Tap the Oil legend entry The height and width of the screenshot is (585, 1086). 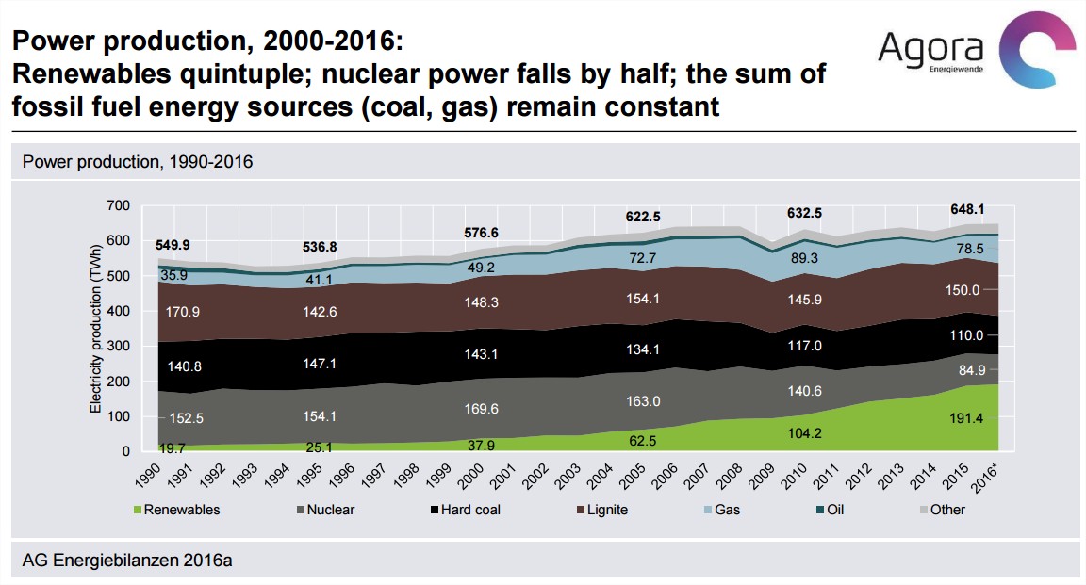pos(833,510)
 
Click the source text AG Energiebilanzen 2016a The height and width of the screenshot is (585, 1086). pos(127,561)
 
